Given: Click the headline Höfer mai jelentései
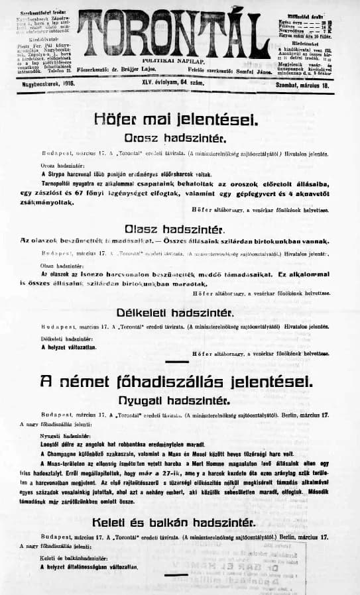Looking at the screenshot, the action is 174,119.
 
